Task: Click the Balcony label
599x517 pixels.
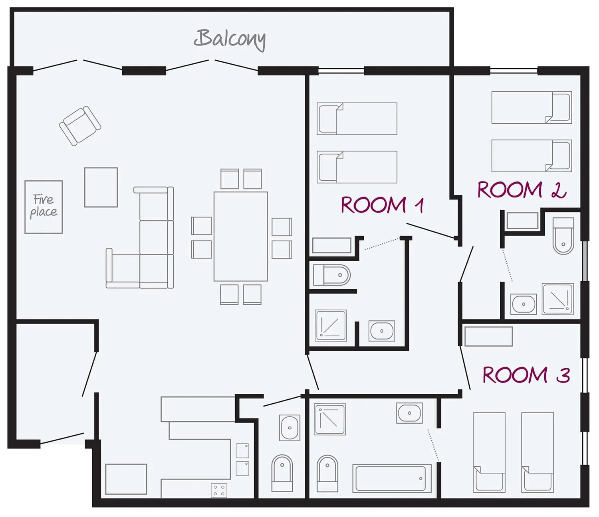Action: [x=230, y=40]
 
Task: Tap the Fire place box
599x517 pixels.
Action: [x=44, y=207]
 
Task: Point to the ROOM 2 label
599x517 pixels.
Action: [x=522, y=190]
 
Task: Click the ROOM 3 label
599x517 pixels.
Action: [x=526, y=375]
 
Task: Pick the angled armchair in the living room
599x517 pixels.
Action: [x=80, y=126]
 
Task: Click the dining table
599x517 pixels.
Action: [x=241, y=236]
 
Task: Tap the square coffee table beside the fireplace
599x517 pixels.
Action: [x=101, y=187]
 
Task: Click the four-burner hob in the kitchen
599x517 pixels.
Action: [x=219, y=490]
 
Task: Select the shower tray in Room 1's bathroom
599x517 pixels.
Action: [x=331, y=326]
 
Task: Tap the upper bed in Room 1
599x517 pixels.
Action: [x=357, y=119]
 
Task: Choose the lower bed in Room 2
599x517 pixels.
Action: [x=532, y=156]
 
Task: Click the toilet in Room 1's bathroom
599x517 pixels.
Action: [x=332, y=275]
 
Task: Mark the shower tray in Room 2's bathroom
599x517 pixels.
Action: [x=558, y=299]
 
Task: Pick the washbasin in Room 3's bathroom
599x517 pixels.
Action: [x=409, y=413]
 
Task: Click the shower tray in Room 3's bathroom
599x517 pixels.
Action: [x=330, y=419]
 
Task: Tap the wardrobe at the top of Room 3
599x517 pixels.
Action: [x=489, y=336]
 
